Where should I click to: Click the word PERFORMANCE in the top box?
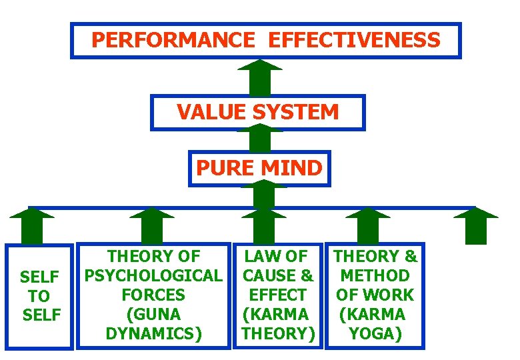[173, 40]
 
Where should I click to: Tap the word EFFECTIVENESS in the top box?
[354, 40]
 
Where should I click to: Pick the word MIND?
[291, 167]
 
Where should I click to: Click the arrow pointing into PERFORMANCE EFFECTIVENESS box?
[259, 77]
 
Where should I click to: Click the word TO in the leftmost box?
[39, 295]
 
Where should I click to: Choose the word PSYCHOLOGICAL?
[153, 275]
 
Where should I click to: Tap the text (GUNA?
[153, 314]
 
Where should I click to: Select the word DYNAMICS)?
[153, 333]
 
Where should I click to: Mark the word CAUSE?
[270, 275]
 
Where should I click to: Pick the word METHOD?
[375, 275]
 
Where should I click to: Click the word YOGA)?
[375, 333]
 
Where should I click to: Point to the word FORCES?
[153, 295]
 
